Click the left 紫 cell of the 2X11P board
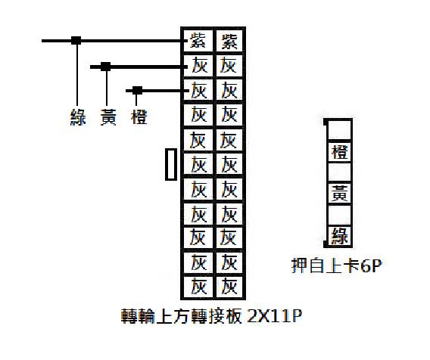pos(198,41)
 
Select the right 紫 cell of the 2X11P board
pos(229,41)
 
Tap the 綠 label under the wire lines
pos(78,117)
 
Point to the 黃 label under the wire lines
pos(108,117)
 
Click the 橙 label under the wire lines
pos(139,117)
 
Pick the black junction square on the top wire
pos(76,41)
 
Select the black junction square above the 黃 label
pos(105,67)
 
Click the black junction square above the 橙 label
pos(137,91)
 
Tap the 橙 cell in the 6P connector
pos(340,151)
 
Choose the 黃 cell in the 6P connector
pos(340,193)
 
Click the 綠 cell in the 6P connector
pos(340,236)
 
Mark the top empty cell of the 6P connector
pos(340,129)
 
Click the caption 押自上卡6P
pos(336,265)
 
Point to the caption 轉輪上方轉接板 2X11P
pos(211,316)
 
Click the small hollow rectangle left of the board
pos(171,164)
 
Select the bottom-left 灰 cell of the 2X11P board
pos(198,287)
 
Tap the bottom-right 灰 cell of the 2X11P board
pos(229,287)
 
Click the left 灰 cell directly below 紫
pos(198,66)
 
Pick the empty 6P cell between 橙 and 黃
pos(340,172)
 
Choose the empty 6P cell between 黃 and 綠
pos(340,215)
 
